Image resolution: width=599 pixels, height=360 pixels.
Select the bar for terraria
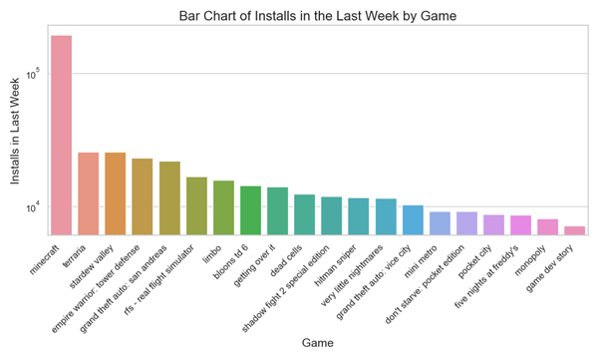pyautogui.click(x=88, y=193)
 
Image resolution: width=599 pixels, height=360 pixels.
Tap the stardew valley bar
pyautogui.click(x=115, y=193)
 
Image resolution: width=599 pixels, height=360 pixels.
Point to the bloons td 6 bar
pyautogui.click(x=250, y=210)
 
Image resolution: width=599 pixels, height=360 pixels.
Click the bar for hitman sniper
pyautogui.click(x=358, y=216)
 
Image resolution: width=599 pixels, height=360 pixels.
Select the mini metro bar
pyautogui.click(x=440, y=223)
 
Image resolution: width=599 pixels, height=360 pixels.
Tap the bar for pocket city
pyautogui.click(x=493, y=224)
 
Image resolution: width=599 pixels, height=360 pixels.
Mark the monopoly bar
pyautogui.click(x=547, y=226)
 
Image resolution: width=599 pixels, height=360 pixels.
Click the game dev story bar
pyautogui.click(x=574, y=230)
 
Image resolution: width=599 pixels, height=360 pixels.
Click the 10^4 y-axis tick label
pyautogui.click(x=33, y=206)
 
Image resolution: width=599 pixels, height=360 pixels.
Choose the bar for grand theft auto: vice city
pyautogui.click(x=413, y=220)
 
